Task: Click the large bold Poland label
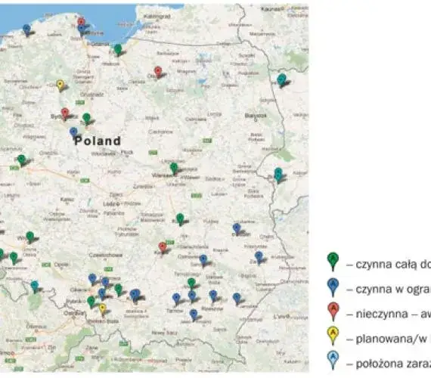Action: coord(97,141)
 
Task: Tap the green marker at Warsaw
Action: coord(174,168)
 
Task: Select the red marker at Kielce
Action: coord(163,247)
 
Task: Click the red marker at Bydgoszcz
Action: coord(65,113)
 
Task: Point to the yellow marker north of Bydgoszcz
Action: coord(60,85)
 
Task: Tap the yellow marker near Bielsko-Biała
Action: coord(102,308)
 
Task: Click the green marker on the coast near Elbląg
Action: coord(118,49)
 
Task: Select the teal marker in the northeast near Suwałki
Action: coord(281,79)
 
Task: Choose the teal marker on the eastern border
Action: coord(278,173)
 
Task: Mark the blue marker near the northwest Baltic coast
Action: coord(27,29)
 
